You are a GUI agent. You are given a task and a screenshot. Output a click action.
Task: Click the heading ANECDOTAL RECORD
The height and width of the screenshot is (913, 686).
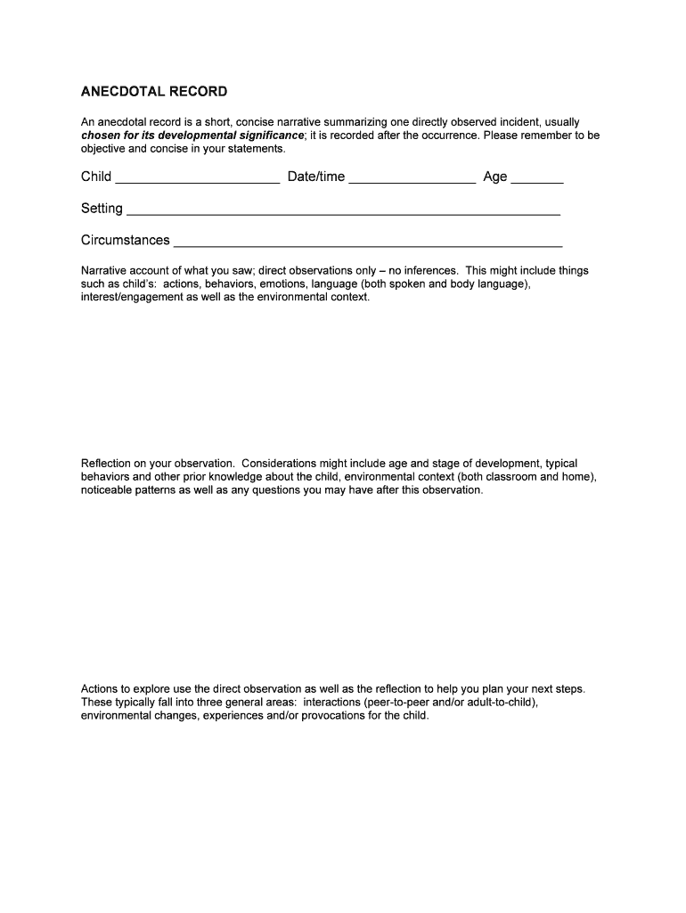tap(154, 92)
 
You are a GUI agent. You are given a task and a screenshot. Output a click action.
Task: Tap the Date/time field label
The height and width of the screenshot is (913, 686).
tap(315, 177)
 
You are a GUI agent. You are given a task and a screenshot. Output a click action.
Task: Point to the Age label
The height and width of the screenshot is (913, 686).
tap(494, 177)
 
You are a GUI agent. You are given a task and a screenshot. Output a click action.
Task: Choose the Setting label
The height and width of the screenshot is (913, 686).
tap(102, 209)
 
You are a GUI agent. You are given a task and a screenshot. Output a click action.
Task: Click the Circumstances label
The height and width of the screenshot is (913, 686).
tap(125, 240)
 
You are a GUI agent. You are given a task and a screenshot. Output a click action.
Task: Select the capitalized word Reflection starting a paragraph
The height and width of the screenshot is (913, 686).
tap(107, 464)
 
